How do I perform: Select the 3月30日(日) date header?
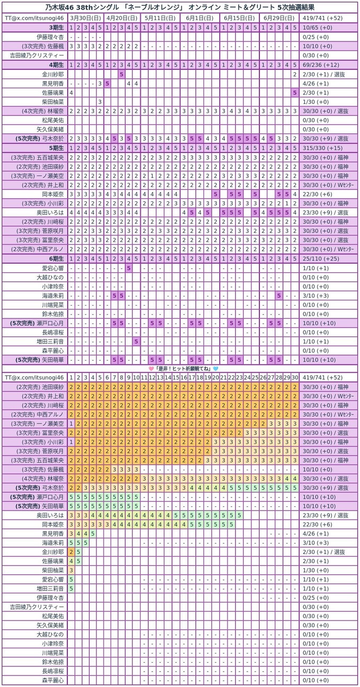[x=86, y=17]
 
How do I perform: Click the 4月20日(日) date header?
[x=122, y=17]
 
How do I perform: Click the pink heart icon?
[x=151, y=368]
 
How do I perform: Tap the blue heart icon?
[x=215, y=368]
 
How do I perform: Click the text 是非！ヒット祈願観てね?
[x=183, y=368]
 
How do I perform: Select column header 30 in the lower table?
[x=294, y=377]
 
